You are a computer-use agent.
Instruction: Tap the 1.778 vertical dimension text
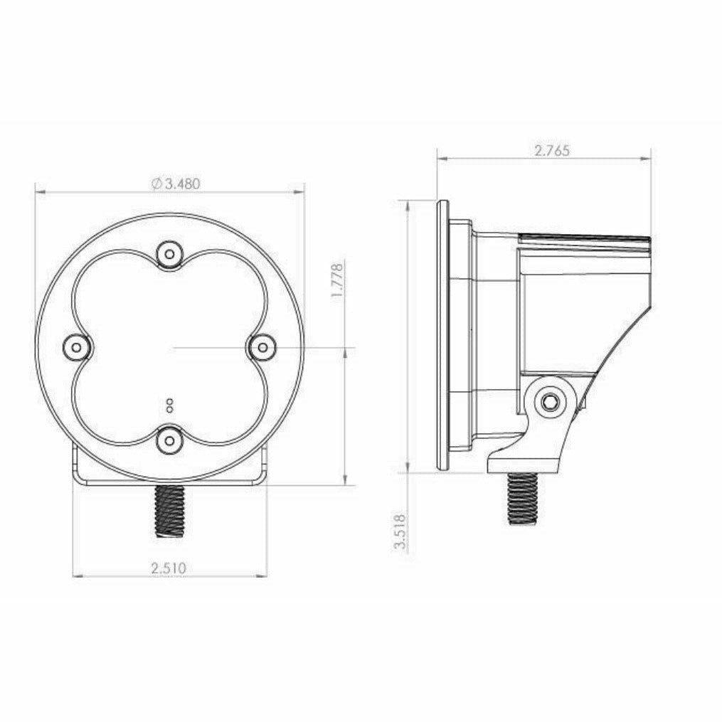(x=338, y=281)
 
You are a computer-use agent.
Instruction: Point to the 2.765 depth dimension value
(x=551, y=150)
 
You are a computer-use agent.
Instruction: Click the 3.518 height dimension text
(x=400, y=531)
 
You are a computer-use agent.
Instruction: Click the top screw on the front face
(x=169, y=253)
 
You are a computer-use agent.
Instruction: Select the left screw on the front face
(x=76, y=347)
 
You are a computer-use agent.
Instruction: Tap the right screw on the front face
(x=262, y=347)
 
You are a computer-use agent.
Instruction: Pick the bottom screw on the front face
(x=169, y=440)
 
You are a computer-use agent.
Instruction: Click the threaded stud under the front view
(x=169, y=510)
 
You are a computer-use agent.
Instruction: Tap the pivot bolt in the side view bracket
(x=550, y=403)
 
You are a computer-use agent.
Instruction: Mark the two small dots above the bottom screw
(x=169, y=405)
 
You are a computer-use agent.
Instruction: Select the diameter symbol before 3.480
(x=156, y=184)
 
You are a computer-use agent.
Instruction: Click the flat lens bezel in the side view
(x=442, y=334)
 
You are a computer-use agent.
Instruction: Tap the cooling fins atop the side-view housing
(x=585, y=239)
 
